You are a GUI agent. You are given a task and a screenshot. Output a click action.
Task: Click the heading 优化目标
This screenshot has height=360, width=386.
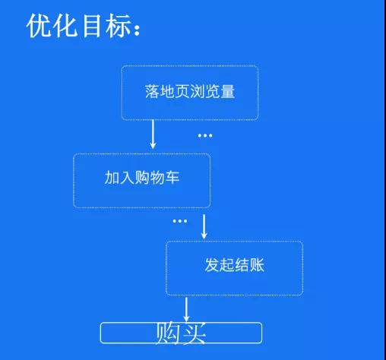(x=83, y=26)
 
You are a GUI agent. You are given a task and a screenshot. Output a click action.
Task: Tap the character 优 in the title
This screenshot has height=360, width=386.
(x=39, y=26)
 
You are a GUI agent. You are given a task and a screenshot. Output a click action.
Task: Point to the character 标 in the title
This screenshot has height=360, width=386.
(x=118, y=26)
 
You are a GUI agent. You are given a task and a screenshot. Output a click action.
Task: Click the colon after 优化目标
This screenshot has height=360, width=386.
(x=137, y=30)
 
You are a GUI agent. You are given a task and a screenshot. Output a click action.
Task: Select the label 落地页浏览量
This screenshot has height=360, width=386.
(x=190, y=91)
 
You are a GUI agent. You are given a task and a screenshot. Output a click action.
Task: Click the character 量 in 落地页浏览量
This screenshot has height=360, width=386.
(x=228, y=91)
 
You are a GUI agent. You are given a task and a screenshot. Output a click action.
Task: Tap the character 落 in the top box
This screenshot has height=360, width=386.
(x=152, y=91)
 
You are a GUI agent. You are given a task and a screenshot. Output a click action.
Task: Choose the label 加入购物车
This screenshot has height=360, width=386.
(x=142, y=177)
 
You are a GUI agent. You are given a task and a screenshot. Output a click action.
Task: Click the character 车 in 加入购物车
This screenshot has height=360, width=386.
(x=172, y=177)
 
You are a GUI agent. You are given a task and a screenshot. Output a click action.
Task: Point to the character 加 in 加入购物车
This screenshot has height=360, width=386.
(x=112, y=177)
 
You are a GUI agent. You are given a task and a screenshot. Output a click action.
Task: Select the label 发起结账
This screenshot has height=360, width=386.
(x=234, y=265)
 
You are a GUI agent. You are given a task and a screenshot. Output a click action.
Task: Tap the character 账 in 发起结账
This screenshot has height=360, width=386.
(x=257, y=265)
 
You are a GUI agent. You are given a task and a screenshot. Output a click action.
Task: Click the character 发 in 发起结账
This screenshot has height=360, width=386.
(x=212, y=265)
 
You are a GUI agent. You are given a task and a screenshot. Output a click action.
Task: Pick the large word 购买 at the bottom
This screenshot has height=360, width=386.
(x=180, y=333)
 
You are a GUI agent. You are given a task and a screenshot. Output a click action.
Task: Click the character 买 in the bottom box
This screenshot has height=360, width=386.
(x=194, y=333)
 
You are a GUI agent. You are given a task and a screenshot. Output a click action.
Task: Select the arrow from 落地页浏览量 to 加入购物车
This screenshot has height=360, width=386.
(x=153, y=134)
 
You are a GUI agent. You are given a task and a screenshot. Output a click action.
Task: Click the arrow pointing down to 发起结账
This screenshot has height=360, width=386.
(x=204, y=226)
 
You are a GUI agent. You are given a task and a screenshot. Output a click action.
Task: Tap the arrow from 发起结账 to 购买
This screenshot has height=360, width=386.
(x=186, y=309)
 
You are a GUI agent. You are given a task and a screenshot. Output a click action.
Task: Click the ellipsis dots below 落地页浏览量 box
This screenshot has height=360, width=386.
(x=205, y=136)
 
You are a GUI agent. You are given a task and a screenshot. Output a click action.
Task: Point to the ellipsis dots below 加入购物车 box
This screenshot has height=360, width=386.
(x=180, y=221)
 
